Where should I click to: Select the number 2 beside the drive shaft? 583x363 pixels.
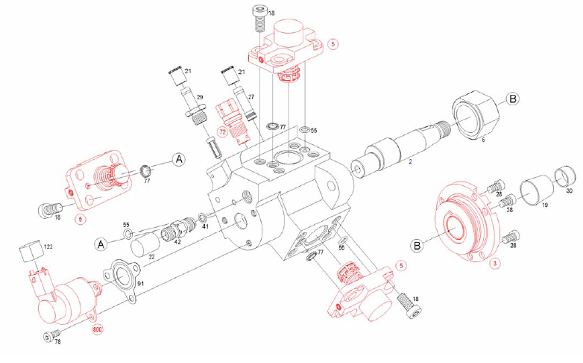(x=410, y=160)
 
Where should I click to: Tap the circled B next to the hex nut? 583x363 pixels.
(x=513, y=99)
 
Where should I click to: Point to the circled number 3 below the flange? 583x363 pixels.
(x=494, y=263)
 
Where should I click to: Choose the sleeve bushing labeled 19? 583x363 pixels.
(x=535, y=190)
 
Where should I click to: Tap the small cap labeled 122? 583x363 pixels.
(x=30, y=253)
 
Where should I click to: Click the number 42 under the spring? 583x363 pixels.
(x=177, y=242)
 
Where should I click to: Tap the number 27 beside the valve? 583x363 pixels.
(x=251, y=97)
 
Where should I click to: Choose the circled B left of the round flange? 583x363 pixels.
(x=417, y=245)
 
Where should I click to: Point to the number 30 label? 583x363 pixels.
(x=570, y=191)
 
